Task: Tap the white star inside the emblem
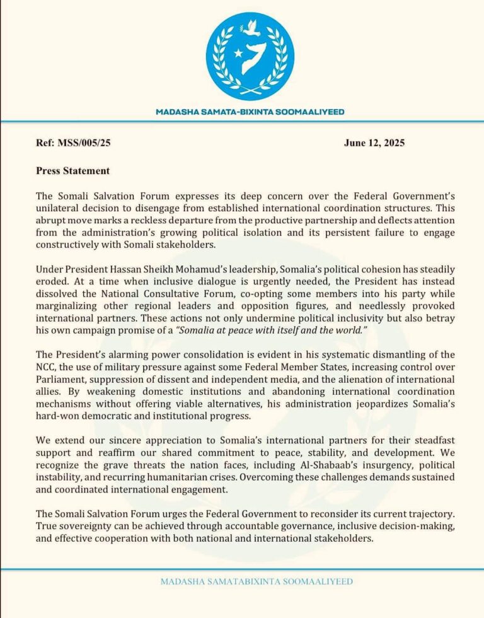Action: pyautogui.click(x=238, y=53)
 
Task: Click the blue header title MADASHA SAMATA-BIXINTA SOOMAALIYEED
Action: pyautogui.click(x=250, y=112)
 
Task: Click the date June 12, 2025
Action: pyautogui.click(x=374, y=143)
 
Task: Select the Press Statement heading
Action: pyautogui.click(x=73, y=170)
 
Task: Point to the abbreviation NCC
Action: pyautogui.click(x=46, y=368)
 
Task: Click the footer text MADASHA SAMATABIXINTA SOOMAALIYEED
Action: pyautogui.click(x=256, y=581)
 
